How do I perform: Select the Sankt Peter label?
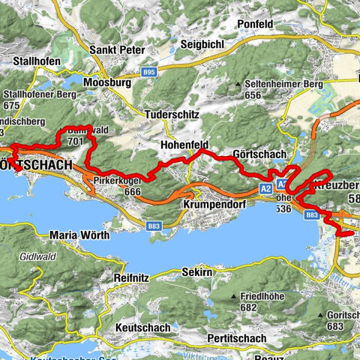(x=118, y=50)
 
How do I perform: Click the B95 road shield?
(x=149, y=71)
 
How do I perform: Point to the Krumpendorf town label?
(x=214, y=203)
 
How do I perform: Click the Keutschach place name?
(x=147, y=328)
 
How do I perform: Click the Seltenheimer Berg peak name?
(x=284, y=84)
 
